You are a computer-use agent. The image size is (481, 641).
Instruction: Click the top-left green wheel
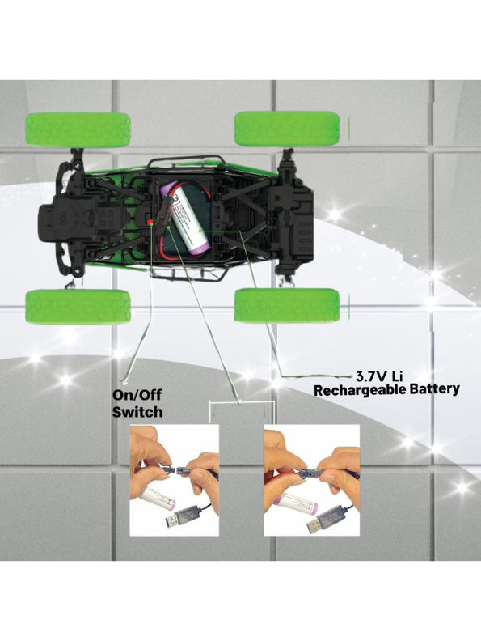click(x=78, y=130)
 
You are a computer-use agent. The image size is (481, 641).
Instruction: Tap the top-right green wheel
click(x=287, y=128)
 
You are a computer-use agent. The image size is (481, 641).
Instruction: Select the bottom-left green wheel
click(x=78, y=307)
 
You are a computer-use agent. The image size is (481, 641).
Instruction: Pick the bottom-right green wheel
click(x=287, y=305)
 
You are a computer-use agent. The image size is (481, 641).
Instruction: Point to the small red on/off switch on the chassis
click(x=150, y=222)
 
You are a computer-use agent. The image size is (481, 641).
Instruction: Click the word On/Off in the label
click(x=137, y=395)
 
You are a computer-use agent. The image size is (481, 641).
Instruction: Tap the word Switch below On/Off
click(x=137, y=412)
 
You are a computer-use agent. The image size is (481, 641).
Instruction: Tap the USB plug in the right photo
click(x=326, y=518)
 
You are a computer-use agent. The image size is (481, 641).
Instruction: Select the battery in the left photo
click(x=157, y=498)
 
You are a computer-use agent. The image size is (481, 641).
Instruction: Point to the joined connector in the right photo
click(x=312, y=473)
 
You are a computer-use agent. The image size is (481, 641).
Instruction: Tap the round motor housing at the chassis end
click(x=63, y=219)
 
